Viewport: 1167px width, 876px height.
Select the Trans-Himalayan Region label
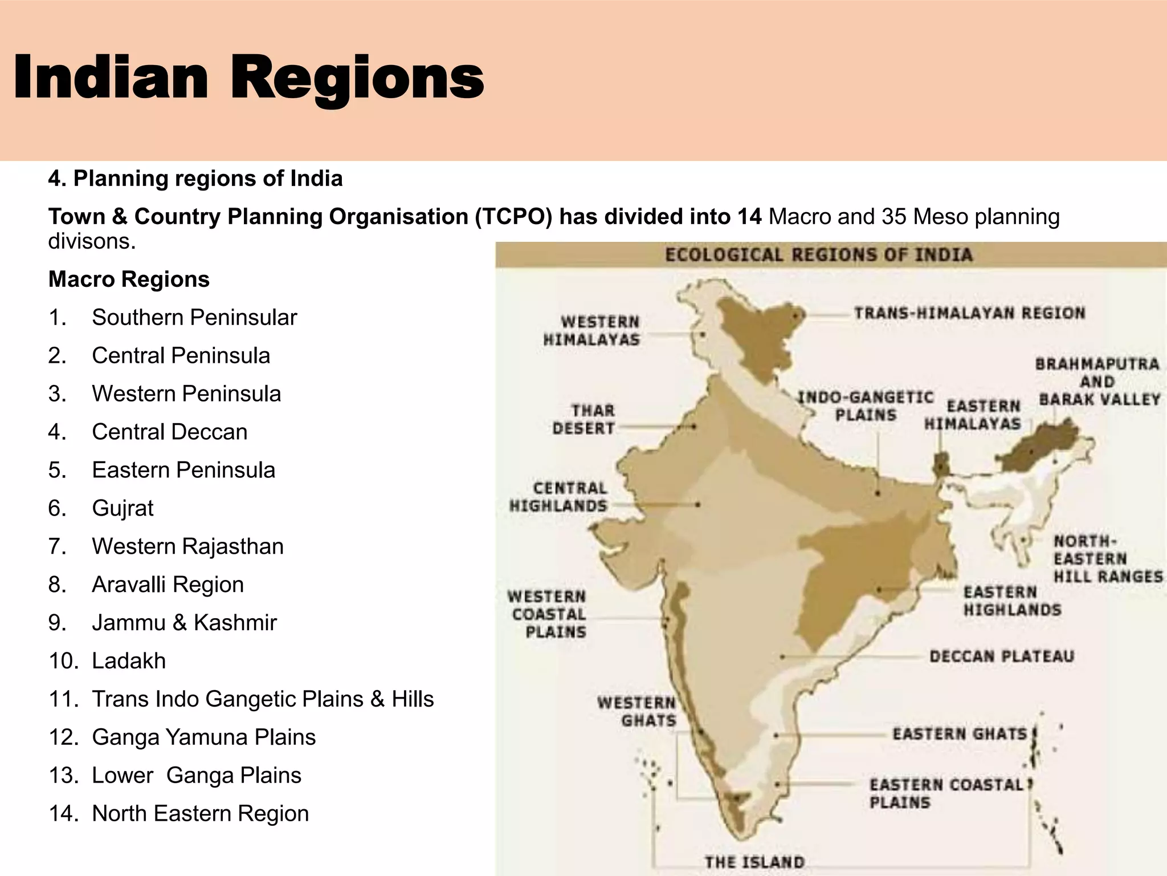[969, 313]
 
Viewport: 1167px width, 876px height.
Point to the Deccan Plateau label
[1001, 656]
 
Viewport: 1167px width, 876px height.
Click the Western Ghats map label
[636, 711]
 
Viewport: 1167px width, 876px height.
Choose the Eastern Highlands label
[1012, 601]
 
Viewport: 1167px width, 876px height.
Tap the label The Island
[754, 862]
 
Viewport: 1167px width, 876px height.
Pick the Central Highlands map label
[558, 497]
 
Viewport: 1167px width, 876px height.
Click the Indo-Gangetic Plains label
[865, 406]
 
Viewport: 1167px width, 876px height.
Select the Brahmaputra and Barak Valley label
[1097, 382]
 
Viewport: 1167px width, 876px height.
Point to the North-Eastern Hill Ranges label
[1107, 559]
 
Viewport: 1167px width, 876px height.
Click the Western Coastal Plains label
[547, 614]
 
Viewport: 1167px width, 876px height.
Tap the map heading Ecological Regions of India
[818, 255]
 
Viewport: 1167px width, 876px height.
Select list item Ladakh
[129, 661]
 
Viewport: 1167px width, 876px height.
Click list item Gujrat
[123, 508]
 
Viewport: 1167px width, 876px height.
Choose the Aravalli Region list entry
[168, 585]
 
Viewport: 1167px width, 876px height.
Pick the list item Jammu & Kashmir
[184, 623]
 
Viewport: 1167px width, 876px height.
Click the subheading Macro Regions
[129, 279]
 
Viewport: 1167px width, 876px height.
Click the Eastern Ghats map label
[960, 733]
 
